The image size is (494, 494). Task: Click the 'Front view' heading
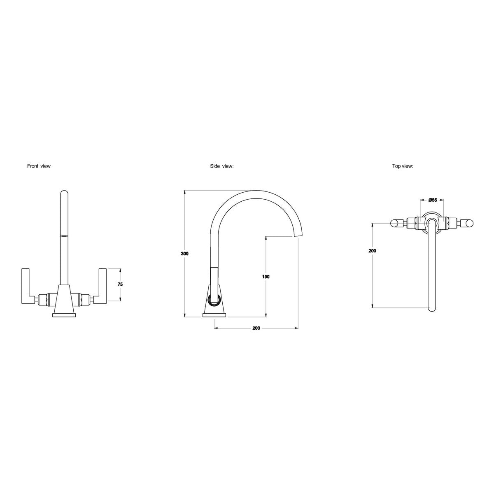point(39,166)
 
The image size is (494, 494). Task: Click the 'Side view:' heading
point(222,166)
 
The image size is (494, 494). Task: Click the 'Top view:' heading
point(403,166)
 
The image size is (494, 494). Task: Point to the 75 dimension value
point(120,284)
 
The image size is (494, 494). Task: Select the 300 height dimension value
point(184,254)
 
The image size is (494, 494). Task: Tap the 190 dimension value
point(266,277)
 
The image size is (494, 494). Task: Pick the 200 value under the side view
point(256,328)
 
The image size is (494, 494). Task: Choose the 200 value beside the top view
point(372,251)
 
